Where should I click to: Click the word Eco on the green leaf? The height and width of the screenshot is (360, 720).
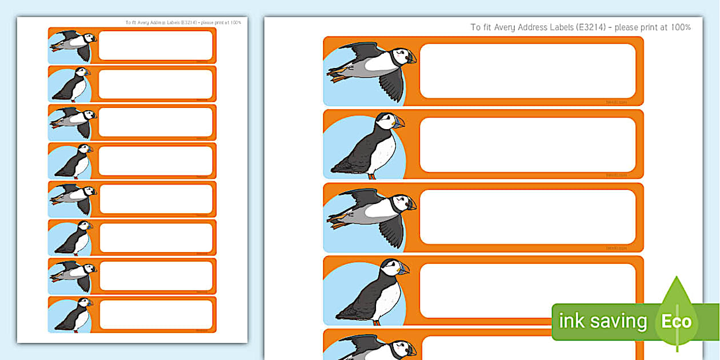coord(677,321)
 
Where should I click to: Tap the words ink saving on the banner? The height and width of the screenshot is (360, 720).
coord(602,321)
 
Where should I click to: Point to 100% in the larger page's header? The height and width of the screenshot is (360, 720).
coord(681,27)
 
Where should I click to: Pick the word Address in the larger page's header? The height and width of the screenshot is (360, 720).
coord(537,27)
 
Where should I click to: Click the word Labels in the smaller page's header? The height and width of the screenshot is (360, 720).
coord(171,23)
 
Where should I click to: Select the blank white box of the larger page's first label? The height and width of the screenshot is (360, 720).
coord(527,71)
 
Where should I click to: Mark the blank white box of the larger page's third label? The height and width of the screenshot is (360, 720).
coord(527,217)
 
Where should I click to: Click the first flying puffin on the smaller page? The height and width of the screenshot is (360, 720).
coord(73,44)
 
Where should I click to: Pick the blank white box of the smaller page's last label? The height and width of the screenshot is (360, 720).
coord(156,314)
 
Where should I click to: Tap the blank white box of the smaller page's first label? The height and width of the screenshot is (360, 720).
coord(155,45)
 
